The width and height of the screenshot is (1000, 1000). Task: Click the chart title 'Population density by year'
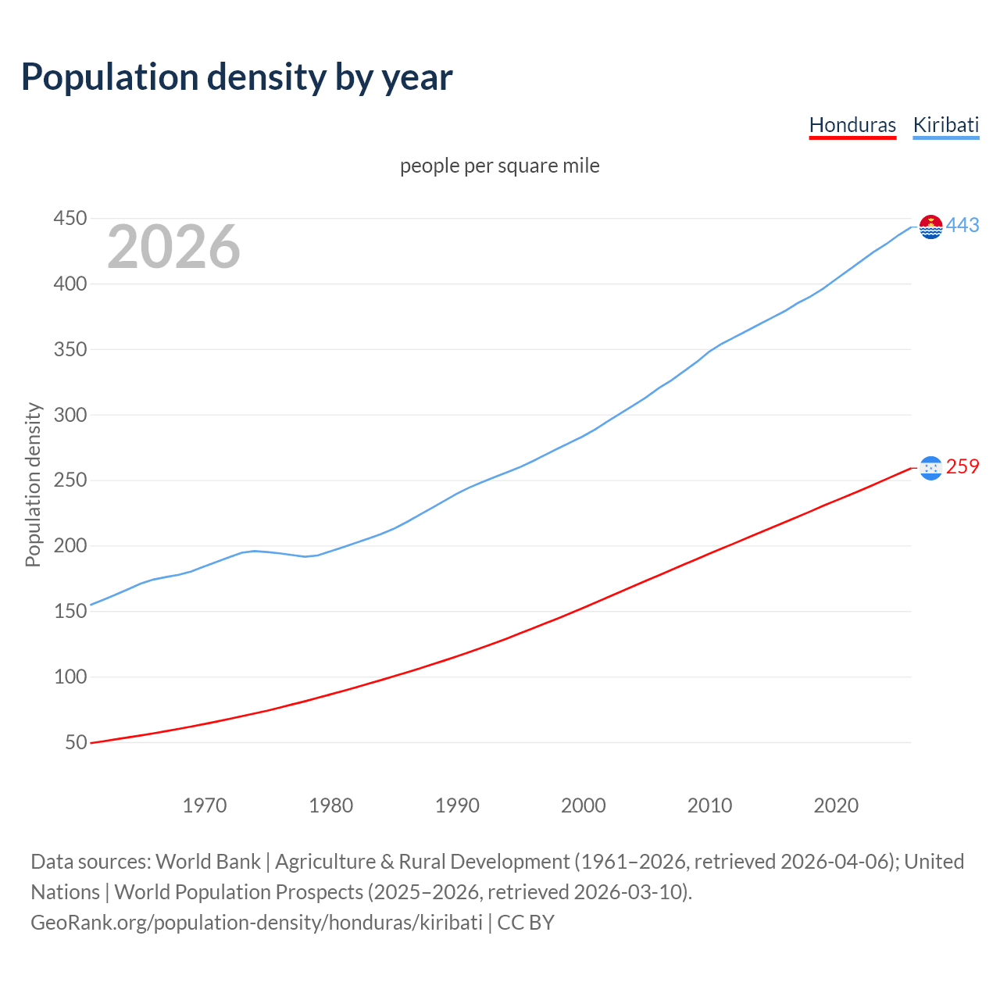237,77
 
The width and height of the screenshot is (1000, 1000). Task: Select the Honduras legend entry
852,125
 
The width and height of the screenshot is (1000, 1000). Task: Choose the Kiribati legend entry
945,125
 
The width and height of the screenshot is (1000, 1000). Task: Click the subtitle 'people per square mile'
499,166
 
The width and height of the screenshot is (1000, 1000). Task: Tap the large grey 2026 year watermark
173,247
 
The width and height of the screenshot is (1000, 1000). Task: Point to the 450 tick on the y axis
70,219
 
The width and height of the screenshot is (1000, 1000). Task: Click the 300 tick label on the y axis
70,415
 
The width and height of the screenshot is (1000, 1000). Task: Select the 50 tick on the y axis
76,742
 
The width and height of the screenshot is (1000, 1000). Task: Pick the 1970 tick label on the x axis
205,805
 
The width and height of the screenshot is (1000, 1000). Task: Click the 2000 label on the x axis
584,805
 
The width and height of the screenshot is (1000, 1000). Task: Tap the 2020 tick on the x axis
836,805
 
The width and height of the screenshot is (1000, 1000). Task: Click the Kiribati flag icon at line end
930,227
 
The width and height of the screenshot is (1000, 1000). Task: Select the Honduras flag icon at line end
930,468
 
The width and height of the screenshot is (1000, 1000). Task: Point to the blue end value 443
962,226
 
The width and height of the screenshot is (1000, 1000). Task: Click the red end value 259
962,467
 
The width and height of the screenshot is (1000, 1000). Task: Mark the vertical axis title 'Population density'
33,484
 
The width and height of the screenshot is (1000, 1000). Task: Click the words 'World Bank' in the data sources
208,862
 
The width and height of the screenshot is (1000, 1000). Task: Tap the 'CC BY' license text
526,923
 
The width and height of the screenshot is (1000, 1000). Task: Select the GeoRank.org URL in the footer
256,923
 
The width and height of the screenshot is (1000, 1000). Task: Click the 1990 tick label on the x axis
457,805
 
